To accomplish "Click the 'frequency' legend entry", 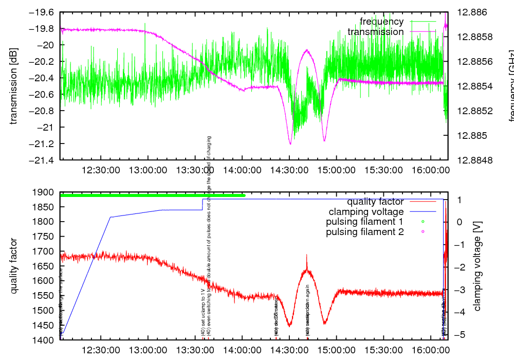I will click(381, 22).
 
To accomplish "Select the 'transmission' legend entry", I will click(375, 32).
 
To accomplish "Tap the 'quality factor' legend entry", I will click(375, 202).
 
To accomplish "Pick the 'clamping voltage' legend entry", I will click(366, 212).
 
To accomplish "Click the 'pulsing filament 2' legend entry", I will click(364, 232).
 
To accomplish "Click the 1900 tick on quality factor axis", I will click(44, 192).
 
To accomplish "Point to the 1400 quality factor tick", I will click(44, 340).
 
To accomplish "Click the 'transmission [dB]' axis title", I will click(14, 86).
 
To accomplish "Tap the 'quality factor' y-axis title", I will click(14, 266).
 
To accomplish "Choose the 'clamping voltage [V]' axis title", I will click(478, 266).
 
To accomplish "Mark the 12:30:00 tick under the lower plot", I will click(100, 350).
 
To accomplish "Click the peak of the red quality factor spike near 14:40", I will click(307, 254).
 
